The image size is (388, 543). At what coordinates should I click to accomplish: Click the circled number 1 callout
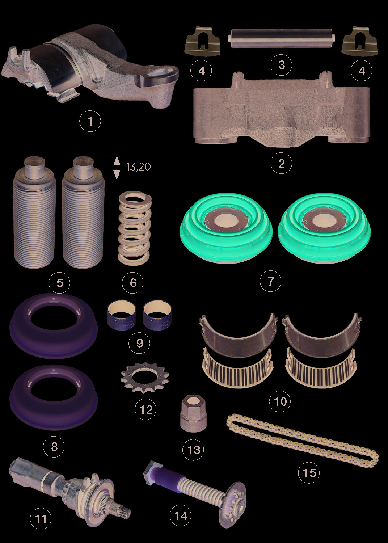(90, 121)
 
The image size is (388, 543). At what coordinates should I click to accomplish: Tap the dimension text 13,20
(139, 167)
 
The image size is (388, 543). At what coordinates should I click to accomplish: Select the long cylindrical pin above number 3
(281, 38)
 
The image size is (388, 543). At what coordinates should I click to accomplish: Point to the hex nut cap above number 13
(194, 417)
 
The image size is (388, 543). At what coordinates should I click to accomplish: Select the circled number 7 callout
(270, 281)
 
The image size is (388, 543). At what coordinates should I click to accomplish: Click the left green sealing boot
(226, 228)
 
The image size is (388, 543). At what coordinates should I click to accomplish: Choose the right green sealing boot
(324, 228)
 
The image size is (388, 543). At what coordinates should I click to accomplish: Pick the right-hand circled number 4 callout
(362, 71)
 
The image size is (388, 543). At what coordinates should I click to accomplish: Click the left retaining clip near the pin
(202, 42)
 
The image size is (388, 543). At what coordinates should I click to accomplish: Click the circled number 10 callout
(280, 401)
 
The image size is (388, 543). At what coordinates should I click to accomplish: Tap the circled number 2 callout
(281, 163)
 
